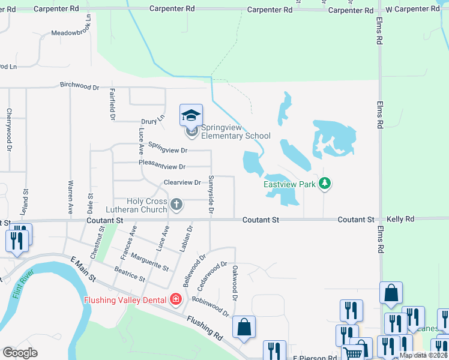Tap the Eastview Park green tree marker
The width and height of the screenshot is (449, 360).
tap(325, 184)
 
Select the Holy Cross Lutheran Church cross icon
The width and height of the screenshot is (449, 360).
tap(176, 205)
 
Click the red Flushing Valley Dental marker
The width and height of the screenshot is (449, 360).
tap(175, 299)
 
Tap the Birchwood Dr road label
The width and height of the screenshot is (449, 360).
tap(79, 86)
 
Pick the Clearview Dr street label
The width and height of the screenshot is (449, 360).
tap(182, 182)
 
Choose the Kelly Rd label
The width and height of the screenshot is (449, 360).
tap(400, 220)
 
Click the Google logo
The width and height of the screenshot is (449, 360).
tap(19, 353)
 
